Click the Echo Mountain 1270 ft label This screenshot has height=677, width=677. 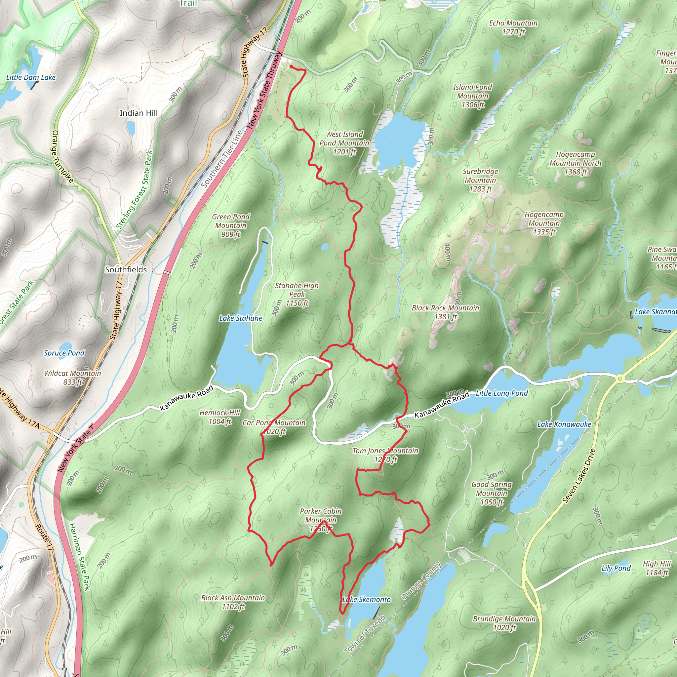(513, 27)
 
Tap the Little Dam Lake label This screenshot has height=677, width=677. (31, 77)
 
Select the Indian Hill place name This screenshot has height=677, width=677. (139, 113)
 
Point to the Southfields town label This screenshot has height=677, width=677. (126, 269)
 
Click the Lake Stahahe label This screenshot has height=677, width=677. (241, 318)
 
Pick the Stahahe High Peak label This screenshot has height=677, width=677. (297, 294)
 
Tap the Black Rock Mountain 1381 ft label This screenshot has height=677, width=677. (445, 312)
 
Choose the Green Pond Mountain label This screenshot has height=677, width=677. (231, 225)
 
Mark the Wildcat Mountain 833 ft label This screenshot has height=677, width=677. (72, 378)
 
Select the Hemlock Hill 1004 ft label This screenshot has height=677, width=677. (220, 417)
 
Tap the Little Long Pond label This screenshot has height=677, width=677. (501, 393)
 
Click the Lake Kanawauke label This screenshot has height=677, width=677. (564, 424)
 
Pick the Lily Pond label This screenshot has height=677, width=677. (616, 568)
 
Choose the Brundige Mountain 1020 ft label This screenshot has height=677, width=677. (504, 623)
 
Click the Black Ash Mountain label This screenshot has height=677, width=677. (233, 602)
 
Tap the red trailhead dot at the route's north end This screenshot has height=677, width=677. (291, 66)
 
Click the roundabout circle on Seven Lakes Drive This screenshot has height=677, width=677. (620, 378)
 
